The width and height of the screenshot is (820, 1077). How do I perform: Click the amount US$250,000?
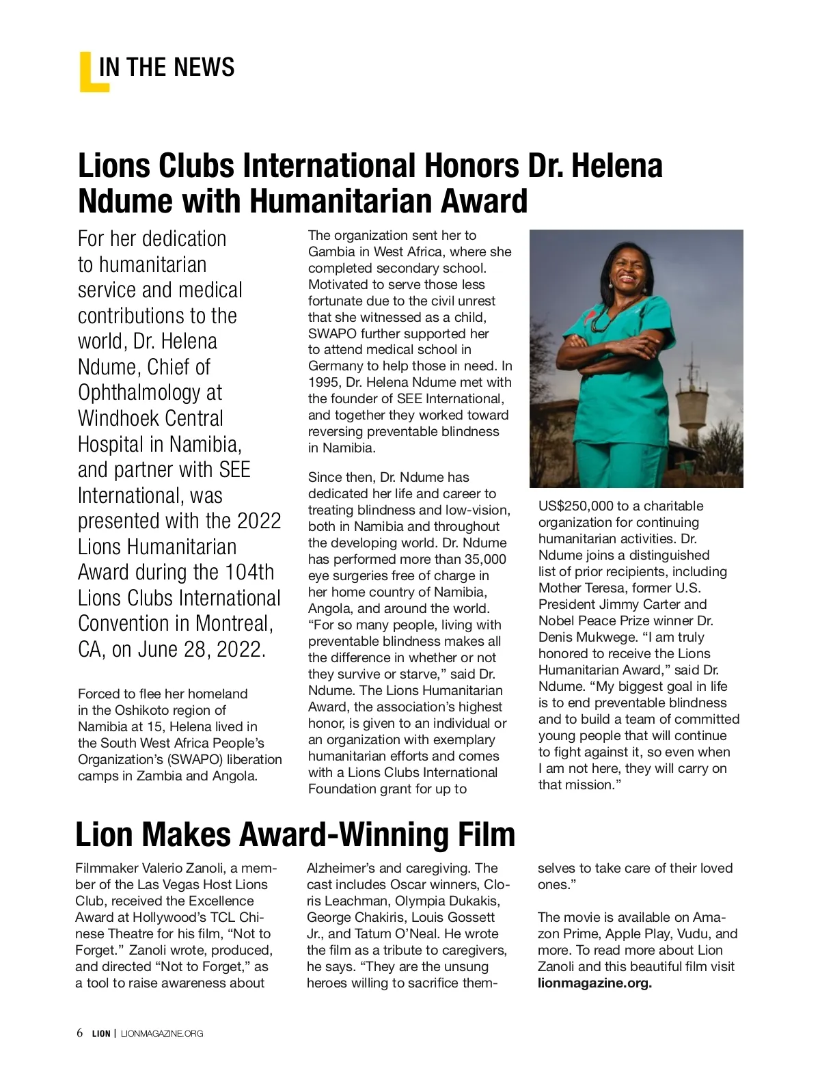[575, 506]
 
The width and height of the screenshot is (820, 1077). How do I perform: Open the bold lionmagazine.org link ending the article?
[594, 983]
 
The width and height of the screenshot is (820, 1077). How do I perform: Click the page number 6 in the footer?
[80, 1033]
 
